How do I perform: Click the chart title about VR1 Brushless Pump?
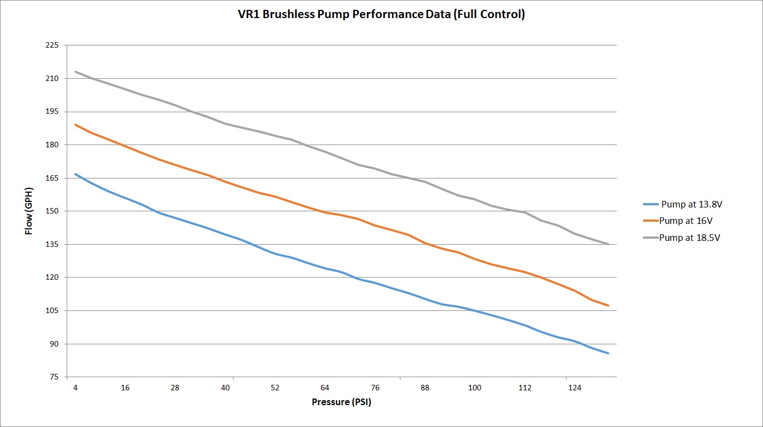click(x=381, y=15)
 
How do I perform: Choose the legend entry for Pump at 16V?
click(x=685, y=221)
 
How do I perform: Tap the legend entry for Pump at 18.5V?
click(x=690, y=238)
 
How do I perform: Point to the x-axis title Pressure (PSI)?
click(x=345, y=402)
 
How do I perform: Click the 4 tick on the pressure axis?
click(x=75, y=388)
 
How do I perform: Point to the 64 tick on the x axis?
click(x=325, y=388)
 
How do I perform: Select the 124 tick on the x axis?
click(x=574, y=388)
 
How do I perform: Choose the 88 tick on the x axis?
click(x=424, y=388)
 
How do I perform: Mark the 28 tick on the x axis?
click(x=175, y=388)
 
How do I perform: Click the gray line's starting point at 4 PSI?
click(x=75, y=72)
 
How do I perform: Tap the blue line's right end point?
click(x=608, y=353)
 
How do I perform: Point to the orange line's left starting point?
click(x=75, y=125)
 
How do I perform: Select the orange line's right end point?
click(x=608, y=305)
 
